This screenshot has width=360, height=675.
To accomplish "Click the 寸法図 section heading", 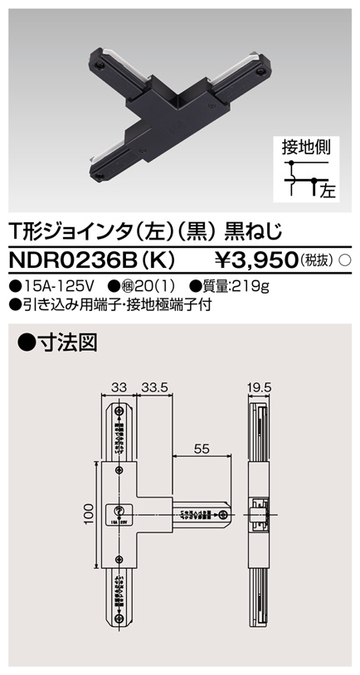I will [51, 339].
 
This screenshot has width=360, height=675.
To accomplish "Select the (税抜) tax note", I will [319, 260].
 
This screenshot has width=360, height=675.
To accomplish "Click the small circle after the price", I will [347, 260].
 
